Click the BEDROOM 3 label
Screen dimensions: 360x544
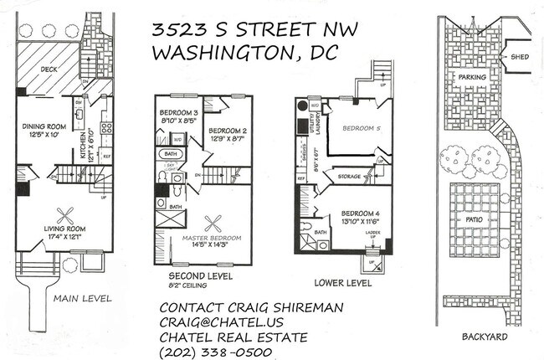177,113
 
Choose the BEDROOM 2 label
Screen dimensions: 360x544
226,131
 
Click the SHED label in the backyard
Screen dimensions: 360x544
511,57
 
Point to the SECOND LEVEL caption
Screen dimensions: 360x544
200,275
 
